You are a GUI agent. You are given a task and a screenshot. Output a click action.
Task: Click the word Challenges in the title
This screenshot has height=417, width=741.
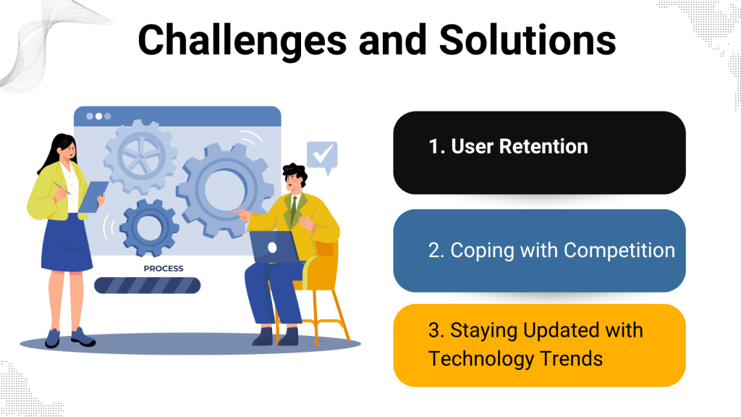tap(242, 41)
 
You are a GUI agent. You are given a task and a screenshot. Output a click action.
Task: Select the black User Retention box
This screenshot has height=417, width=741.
tap(539, 153)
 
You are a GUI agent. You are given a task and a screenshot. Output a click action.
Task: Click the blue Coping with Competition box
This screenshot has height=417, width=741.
tap(539, 250)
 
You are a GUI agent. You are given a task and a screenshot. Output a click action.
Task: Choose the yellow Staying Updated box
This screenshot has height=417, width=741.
tap(539, 345)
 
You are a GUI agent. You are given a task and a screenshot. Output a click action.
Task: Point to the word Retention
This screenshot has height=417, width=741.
tap(543, 146)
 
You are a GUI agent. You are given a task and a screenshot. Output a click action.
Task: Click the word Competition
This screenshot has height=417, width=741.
tap(619, 250)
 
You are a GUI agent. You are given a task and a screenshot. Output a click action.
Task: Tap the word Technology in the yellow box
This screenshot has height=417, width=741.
tap(481, 359)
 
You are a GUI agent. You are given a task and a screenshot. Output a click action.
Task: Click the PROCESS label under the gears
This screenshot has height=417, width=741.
tap(164, 269)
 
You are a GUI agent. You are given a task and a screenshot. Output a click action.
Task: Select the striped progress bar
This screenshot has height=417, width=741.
tap(148, 285)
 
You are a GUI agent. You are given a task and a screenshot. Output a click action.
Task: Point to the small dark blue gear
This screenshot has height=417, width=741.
tap(149, 227)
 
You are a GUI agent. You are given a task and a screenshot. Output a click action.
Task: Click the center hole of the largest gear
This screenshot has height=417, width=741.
tap(226, 189)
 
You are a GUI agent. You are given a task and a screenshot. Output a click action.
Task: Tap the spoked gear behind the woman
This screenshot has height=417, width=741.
tap(141, 156)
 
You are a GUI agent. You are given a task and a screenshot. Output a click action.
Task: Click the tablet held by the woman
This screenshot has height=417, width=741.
tap(93, 197)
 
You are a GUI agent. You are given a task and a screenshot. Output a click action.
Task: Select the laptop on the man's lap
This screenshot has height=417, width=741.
tap(274, 248)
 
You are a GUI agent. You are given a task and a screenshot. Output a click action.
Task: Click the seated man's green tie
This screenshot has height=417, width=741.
tap(294, 211)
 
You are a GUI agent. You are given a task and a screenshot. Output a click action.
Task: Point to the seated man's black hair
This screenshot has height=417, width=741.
tap(296, 172)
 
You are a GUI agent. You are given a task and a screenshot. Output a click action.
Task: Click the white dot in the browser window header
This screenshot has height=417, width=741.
tap(98, 117)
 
